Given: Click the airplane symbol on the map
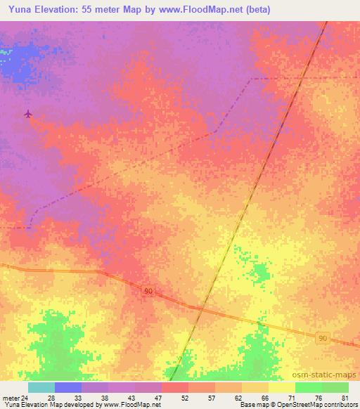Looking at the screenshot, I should pos(28,114).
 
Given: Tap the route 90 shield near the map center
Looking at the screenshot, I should pos(148,291).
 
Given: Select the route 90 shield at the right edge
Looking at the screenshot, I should pos(322,338).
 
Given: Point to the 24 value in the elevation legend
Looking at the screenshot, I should pos(25,397).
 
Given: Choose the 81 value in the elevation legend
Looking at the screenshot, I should pos(345,397).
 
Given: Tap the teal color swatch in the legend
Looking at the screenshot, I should pos(41,387).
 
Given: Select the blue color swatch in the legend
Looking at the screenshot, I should pos(68,387).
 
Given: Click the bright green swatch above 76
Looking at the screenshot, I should pos(309,387).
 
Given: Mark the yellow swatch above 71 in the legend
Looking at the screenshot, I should pos(282,387).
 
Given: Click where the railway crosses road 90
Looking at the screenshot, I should pos(200,307).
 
